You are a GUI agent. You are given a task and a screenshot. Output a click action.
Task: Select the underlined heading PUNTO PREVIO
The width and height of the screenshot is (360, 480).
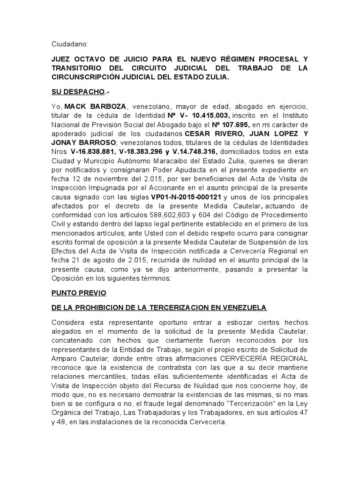click(x=79, y=292)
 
